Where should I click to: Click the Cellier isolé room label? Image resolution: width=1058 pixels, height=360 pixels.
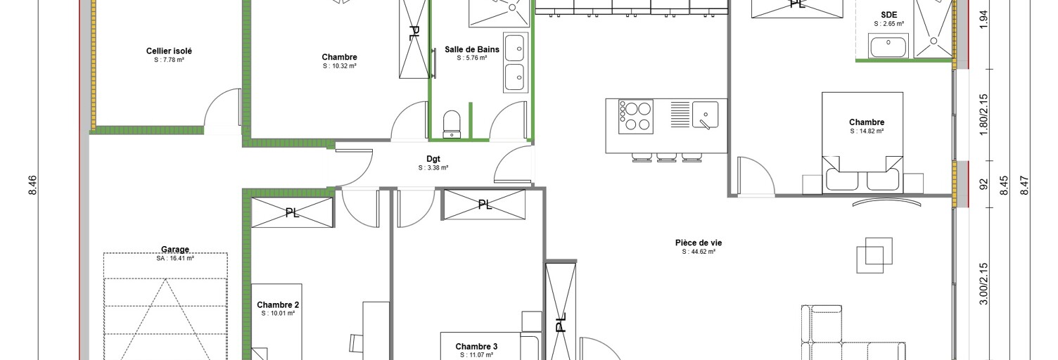169,51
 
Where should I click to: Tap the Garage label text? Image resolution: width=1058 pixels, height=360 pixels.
175,249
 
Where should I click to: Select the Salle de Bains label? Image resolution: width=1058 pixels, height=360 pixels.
472,49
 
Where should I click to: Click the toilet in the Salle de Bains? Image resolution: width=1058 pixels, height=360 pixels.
452,124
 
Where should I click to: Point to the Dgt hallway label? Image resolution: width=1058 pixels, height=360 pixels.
433,159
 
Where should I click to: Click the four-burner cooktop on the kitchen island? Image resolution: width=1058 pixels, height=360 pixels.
636,117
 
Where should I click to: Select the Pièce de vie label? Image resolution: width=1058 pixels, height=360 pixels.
699,243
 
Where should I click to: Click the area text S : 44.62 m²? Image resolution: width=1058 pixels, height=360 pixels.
699,252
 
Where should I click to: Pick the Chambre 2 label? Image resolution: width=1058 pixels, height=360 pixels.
278,304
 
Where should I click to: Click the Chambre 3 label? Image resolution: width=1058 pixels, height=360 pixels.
476,347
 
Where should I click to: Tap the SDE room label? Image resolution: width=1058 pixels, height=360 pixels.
889,15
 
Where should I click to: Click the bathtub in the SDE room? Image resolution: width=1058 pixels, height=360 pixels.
888,46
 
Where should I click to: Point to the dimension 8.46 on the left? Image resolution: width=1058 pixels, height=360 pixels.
32,186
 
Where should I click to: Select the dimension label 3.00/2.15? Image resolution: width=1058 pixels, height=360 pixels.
984,283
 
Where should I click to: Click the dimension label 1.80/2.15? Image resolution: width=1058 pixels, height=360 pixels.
984,115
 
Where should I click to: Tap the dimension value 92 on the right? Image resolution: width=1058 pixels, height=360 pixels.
984,184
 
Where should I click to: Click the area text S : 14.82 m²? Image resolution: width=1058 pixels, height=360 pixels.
867,131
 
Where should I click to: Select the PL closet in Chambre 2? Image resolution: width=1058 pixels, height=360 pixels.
292,213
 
